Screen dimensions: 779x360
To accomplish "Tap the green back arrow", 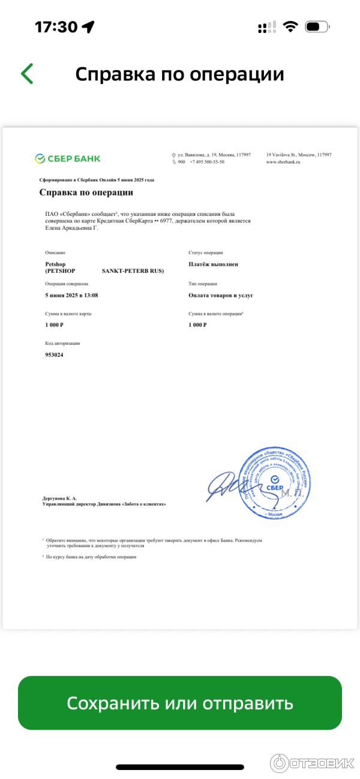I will (27, 74).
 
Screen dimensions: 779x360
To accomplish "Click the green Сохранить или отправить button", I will (179, 703).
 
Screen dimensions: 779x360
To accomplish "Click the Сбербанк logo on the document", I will (68, 158).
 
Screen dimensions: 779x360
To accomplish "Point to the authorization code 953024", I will (54, 355).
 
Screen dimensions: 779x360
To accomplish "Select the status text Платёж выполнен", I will (213, 264).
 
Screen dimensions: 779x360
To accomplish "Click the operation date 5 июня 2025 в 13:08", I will (71, 295).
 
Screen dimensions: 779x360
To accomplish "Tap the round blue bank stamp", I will (274, 483).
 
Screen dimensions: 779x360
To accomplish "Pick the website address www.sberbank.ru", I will (283, 162).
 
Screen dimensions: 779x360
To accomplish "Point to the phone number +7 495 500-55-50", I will (206, 162).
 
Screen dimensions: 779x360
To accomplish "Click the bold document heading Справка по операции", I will (86, 193).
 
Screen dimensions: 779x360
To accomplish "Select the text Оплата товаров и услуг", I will (221, 295).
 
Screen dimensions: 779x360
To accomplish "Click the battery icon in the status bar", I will (317, 27).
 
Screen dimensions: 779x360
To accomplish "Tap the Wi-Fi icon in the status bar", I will (291, 27).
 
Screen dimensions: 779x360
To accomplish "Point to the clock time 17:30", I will (56, 27).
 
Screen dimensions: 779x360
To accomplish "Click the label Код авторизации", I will (62, 344).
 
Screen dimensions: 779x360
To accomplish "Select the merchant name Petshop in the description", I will (55, 264).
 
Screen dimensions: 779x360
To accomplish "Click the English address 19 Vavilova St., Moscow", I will (298, 155).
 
